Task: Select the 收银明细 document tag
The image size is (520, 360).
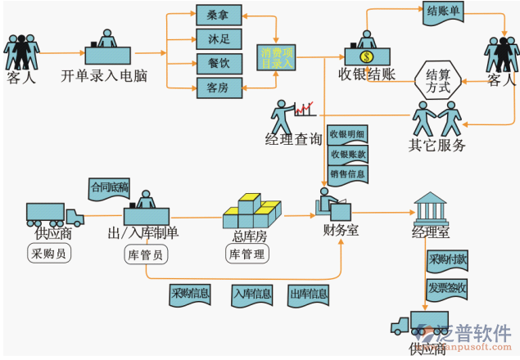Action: (x=347, y=134)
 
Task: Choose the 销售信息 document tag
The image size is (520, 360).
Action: (x=347, y=173)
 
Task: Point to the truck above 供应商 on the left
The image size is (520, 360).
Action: (x=54, y=214)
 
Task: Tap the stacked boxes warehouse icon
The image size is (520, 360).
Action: (x=251, y=212)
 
